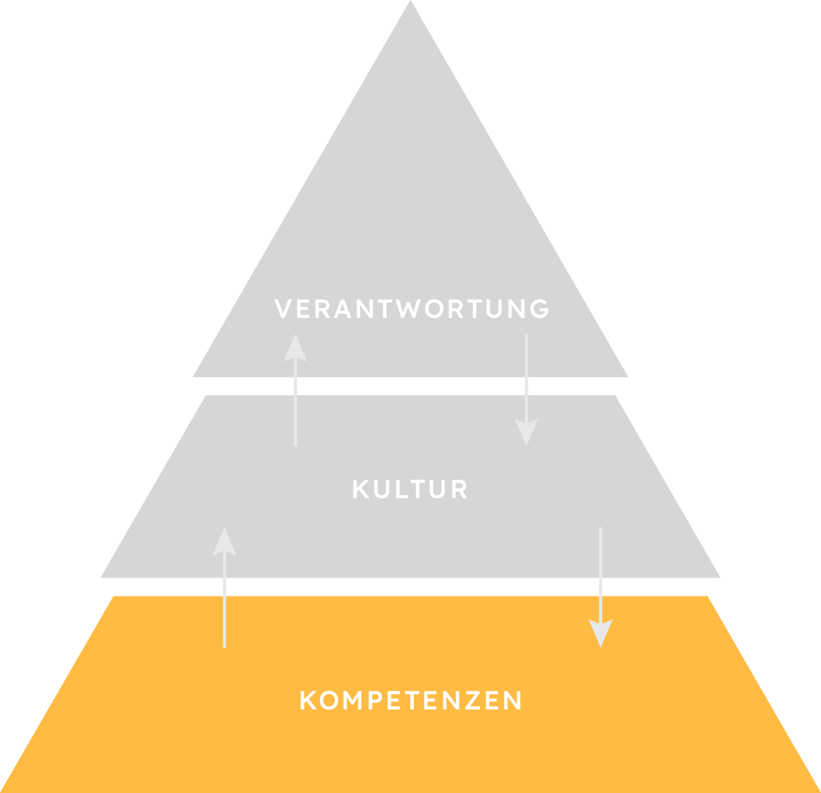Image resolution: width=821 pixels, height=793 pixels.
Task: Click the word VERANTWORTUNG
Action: [412, 309]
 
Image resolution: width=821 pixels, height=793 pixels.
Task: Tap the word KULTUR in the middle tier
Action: [410, 489]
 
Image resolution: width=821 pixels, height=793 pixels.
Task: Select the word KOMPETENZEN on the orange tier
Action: [410, 700]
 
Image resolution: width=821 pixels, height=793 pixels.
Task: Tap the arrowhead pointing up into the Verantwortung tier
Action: [295, 347]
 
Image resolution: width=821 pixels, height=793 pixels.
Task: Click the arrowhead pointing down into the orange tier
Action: [600, 633]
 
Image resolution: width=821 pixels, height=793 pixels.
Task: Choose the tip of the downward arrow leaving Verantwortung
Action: [526, 444]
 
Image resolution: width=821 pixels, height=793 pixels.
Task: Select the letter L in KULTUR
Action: [400, 489]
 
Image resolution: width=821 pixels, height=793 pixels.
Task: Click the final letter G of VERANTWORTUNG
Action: [540, 309]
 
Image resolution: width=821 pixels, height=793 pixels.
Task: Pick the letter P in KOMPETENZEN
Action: [371, 700]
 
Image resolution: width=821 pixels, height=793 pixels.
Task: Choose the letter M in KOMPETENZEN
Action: [349, 700]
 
